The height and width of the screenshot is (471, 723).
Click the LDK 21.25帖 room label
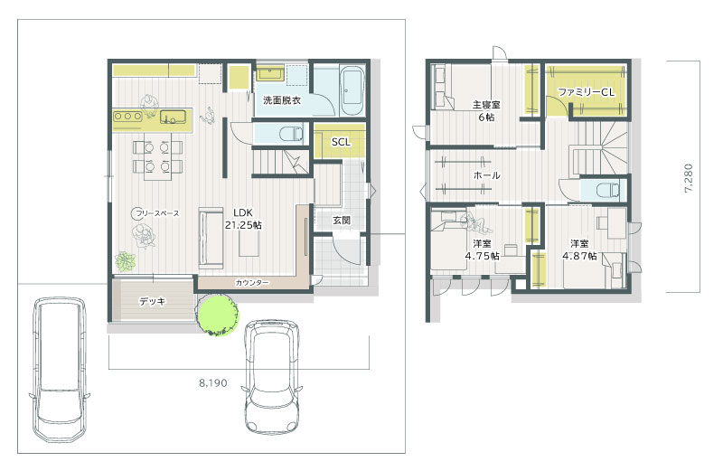pyautogui.click(x=243, y=219)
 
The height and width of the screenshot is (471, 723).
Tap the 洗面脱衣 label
pyautogui.click(x=282, y=99)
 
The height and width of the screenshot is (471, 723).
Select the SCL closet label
pyautogui.click(x=341, y=142)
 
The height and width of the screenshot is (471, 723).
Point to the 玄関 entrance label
pyautogui.click(x=342, y=221)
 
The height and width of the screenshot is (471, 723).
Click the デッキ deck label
pyautogui.click(x=152, y=301)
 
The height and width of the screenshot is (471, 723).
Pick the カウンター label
pyautogui.click(x=252, y=282)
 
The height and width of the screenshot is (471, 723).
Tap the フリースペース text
pyautogui.click(x=157, y=213)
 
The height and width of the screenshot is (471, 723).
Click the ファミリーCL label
pyautogui.click(x=586, y=92)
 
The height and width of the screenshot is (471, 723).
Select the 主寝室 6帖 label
pyautogui.click(x=486, y=110)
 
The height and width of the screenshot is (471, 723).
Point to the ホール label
pyautogui.click(x=487, y=175)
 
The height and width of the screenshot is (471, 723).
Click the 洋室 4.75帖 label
pyautogui.click(x=482, y=250)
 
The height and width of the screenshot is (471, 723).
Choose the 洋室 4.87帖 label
pyautogui.click(x=579, y=250)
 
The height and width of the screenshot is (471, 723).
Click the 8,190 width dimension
pyautogui.click(x=213, y=383)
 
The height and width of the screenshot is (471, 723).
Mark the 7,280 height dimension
pyautogui.click(x=689, y=177)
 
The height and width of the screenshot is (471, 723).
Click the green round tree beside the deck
pyautogui.click(x=218, y=315)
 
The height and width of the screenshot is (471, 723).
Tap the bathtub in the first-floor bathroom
pyautogui.click(x=352, y=91)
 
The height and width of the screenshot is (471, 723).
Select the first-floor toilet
pyautogui.click(x=291, y=134)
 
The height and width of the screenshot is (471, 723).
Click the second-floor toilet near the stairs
pyautogui.click(x=607, y=190)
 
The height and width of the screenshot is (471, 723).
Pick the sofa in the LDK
pyautogui.click(x=211, y=238)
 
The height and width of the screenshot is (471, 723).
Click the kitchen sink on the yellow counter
pyautogui.click(x=173, y=117)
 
